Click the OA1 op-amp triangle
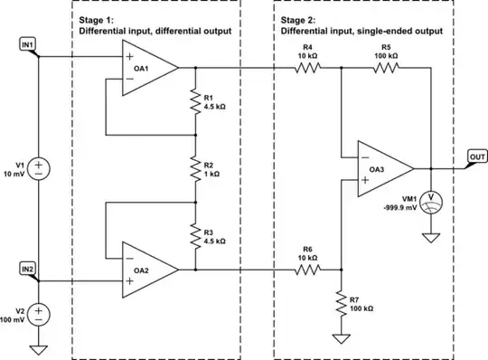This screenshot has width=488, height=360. pos(150,67)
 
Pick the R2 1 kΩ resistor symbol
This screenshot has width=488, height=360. pos(193,167)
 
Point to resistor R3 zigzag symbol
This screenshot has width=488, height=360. pos(193,234)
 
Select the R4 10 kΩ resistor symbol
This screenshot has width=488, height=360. pos(310,67)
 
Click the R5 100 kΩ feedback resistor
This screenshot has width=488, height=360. pos(386,67)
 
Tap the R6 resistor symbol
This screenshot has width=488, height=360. pos(310,269)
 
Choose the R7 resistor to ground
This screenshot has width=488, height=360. pos(341,301)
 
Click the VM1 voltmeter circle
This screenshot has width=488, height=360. pos(431,196)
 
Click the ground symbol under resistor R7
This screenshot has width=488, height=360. pos(341,338)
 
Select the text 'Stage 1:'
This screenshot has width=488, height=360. pos(97,20)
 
